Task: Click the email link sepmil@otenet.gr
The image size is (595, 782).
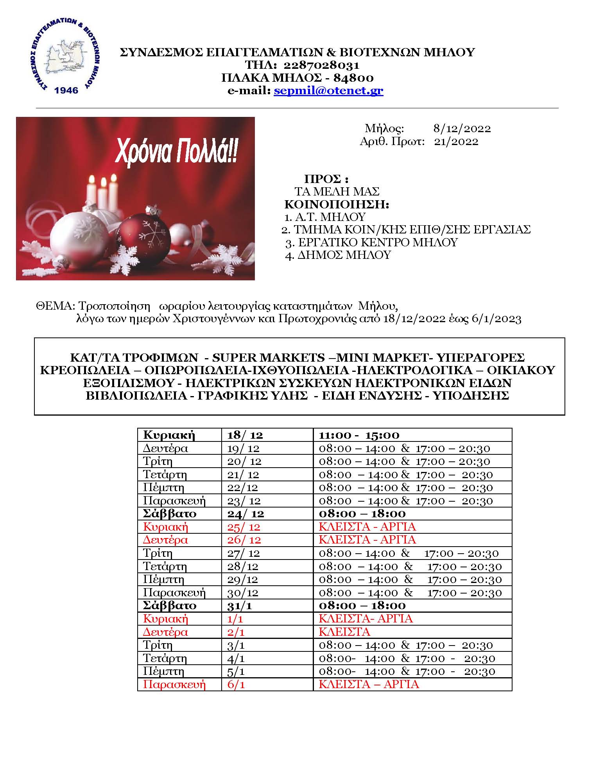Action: pyautogui.click(x=328, y=91)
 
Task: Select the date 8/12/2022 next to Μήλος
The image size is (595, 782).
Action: pyautogui.click(x=462, y=128)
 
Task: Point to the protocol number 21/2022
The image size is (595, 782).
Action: pyautogui.click(x=456, y=141)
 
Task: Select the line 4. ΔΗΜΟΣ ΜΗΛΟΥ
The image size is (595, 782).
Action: pyautogui.click(x=338, y=255)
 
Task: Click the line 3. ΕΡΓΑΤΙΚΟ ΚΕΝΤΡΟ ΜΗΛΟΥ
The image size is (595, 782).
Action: pyautogui.click(x=371, y=242)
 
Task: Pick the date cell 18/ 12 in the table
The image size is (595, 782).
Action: pyautogui.click(x=244, y=435)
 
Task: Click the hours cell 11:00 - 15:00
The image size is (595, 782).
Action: pyautogui.click(x=359, y=435)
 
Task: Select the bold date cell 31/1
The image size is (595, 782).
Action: pyautogui.click(x=237, y=606)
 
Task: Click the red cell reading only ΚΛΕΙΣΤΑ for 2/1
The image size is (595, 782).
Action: pyautogui.click(x=344, y=632)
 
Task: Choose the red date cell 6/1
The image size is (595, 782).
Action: pyautogui.click(x=236, y=684)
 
